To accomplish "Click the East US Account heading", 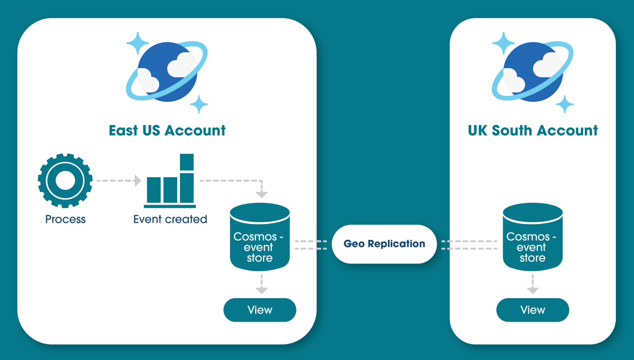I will tap(167, 131).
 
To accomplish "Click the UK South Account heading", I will tap(533, 131).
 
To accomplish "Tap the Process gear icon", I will tap(65, 181).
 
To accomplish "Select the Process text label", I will tap(65, 219).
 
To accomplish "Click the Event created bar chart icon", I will tap(170, 182).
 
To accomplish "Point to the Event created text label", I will tap(170, 219).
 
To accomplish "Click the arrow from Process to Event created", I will tap(118, 181).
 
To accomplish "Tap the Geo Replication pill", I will tap(384, 244).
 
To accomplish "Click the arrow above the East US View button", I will tap(262, 284).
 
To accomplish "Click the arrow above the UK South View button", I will tap(533, 284).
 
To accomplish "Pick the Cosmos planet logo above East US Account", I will tap(167, 72).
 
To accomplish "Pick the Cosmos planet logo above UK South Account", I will tap(533, 72).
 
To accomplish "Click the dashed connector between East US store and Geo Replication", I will tap(310, 245).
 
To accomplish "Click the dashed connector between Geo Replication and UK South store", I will tap(469, 245).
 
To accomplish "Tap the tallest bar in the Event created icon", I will tap(187, 178).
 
